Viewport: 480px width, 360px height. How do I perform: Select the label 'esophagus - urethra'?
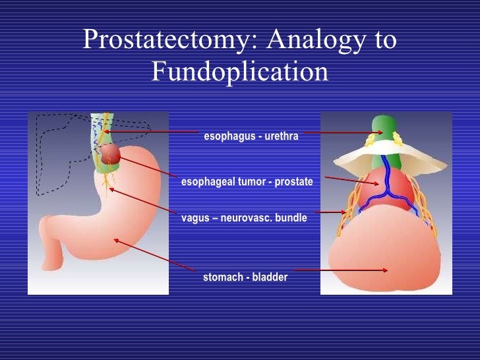(251, 136)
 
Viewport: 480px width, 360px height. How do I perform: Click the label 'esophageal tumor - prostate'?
(247, 180)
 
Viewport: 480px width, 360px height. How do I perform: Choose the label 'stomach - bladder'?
(245, 278)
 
